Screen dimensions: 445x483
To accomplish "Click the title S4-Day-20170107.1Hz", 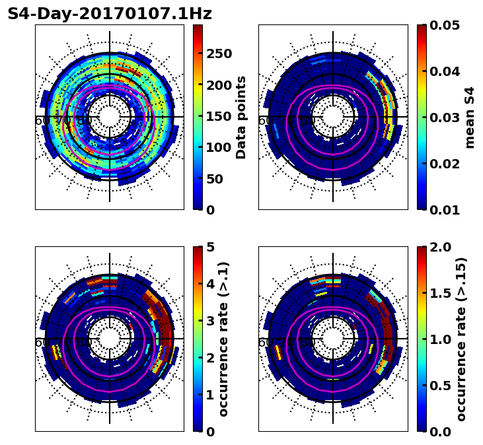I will pyautogui.click(x=110, y=13).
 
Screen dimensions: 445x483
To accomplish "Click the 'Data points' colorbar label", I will pyautogui.click(x=241, y=117).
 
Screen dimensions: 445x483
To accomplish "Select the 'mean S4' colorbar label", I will pyautogui.click(x=470, y=117).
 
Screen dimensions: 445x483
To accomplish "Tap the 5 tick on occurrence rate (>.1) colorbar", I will pyautogui.click(x=210, y=248).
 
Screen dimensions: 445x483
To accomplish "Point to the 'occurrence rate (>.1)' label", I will pyautogui.click(x=223, y=339).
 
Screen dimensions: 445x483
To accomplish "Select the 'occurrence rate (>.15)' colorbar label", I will pyautogui.click(x=461, y=339).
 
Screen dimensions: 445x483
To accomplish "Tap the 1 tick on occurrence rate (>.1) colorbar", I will pyautogui.click(x=210, y=395).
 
